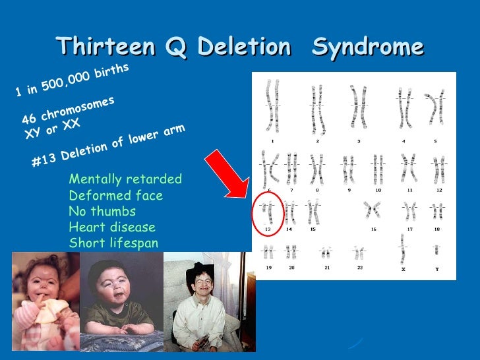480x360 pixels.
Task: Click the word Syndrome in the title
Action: click(367, 47)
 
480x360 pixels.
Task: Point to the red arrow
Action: click(227, 175)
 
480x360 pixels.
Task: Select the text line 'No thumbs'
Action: click(102, 212)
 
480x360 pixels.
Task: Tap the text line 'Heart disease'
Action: click(112, 227)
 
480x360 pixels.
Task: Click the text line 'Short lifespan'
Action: click(113, 243)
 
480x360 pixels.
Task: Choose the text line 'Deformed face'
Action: click(115, 196)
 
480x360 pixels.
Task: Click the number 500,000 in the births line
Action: click(63, 82)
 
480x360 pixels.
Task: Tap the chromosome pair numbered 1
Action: click(270, 105)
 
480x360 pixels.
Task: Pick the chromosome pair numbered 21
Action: click(326, 253)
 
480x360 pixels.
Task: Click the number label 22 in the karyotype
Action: click(359, 268)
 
